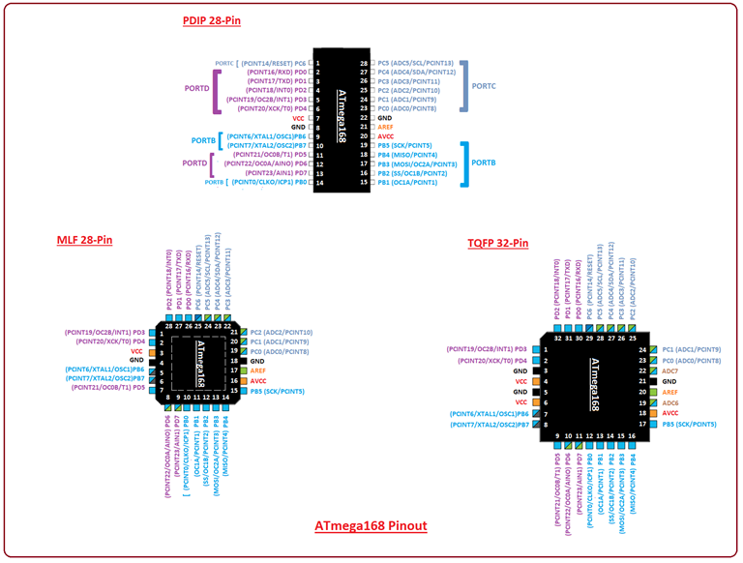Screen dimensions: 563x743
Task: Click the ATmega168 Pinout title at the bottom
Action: pos(371,527)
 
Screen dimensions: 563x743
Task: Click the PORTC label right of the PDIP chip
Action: pos(484,85)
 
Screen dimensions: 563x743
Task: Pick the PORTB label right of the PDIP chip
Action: pos(484,163)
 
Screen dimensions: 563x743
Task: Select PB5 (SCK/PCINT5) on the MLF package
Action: pos(278,391)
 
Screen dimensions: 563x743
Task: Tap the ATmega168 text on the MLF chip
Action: pos(199,363)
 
